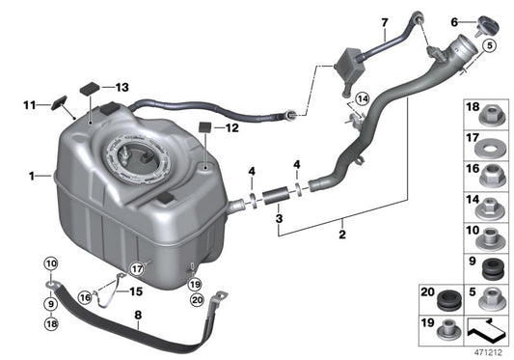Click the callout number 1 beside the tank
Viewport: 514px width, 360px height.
(x=33, y=177)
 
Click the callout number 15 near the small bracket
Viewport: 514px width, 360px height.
(x=135, y=290)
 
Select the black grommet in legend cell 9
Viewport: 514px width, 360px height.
(x=491, y=264)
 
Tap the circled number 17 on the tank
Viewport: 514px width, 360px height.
(x=137, y=269)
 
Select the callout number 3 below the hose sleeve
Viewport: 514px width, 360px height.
(x=253, y=220)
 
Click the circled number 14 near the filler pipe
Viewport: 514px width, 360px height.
(x=362, y=97)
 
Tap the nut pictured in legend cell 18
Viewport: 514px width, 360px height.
(x=491, y=115)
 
